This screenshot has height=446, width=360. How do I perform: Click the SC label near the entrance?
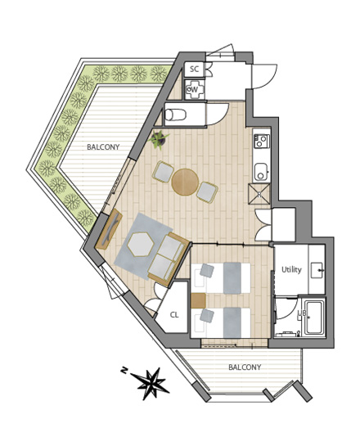tap(194, 69)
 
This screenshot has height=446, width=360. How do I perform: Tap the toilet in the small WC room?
tap(175, 115)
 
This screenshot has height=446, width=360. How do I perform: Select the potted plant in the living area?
tap(159, 139)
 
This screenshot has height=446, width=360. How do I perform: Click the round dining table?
tap(185, 182)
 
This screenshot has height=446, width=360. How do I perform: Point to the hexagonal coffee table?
tap(141, 244)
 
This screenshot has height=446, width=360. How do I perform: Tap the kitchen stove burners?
tap(262, 141)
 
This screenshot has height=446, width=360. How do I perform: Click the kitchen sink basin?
tap(261, 172)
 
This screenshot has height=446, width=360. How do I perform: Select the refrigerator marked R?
tap(259, 194)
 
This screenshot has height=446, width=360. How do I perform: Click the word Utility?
tap(291, 269)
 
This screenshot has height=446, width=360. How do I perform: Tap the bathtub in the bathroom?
tap(313, 318)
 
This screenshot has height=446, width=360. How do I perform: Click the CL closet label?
tap(174, 315)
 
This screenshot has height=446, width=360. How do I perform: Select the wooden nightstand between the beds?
tap(198, 300)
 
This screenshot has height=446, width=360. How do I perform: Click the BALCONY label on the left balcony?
tap(103, 147)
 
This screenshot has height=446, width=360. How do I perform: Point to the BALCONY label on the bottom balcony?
tap(245, 367)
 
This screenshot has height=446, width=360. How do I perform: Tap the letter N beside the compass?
tap(124, 371)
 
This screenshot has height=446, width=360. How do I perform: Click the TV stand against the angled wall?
tap(109, 229)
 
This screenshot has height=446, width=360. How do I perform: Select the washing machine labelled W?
tap(195, 89)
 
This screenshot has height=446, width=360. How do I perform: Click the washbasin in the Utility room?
tap(317, 271)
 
